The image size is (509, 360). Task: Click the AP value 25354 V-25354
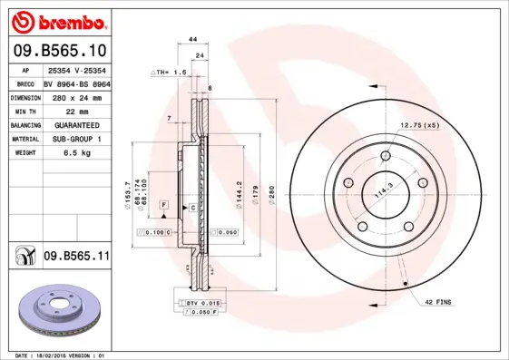point(77,69)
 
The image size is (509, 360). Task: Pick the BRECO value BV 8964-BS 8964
point(77,83)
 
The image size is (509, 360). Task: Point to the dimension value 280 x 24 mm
point(77,96)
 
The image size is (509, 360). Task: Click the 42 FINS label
point(438,299)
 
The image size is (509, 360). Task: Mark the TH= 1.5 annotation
point(169,71)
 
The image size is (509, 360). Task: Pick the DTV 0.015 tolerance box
point(201,301)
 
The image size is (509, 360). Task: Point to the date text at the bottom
point(63,355)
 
